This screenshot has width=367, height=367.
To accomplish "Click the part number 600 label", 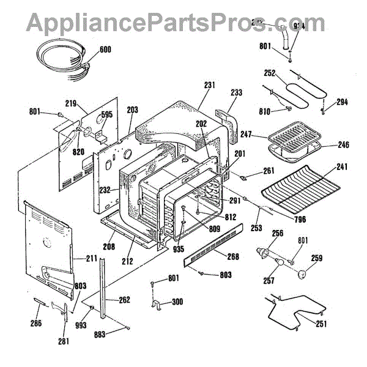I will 105,50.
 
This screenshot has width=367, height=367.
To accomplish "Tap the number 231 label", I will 209,85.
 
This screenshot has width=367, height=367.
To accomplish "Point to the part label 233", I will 236,92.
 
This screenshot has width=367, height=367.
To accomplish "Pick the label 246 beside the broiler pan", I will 343,146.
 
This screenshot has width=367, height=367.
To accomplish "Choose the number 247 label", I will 247,133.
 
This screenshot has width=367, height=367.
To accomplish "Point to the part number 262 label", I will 124,300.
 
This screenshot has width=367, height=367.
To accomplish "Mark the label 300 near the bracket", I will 177,302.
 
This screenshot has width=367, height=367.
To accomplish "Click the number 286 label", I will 36,323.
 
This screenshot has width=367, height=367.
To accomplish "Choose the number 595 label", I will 107,114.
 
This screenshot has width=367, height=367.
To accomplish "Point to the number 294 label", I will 342,102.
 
